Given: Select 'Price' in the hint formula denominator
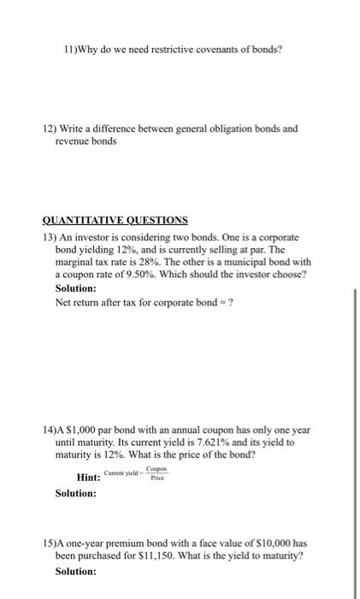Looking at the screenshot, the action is pos(156,479).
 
